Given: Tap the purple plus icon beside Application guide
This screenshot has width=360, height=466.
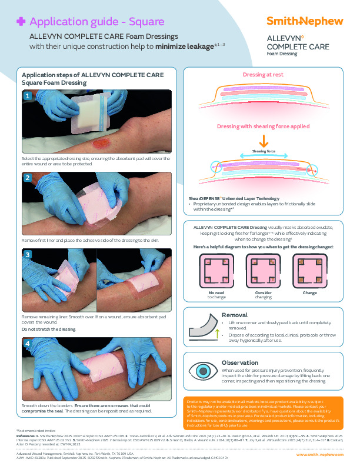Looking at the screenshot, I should [x=21, y=22].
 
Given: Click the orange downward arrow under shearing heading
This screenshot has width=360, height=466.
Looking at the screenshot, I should [x=264, y=141].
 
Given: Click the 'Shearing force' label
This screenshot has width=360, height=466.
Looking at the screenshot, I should [x=264, y=151].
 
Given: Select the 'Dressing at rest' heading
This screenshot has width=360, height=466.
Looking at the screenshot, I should [x=264, y=75].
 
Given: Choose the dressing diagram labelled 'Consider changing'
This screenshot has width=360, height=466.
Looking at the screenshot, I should [x=263, y=269].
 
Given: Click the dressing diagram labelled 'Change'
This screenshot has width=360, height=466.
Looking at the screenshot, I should [x=309, y=269].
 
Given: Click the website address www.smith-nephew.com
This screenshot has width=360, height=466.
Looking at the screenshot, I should [x=319, y=455].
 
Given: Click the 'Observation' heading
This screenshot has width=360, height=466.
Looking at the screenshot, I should [x=240, y=362].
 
